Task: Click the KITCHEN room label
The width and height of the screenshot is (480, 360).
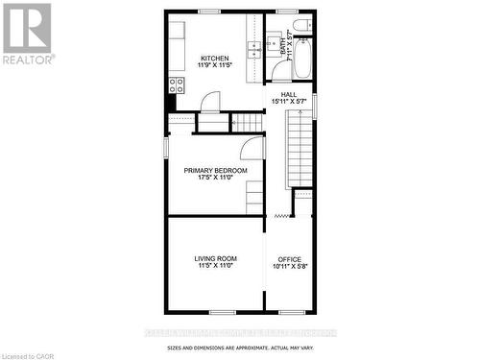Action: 214,57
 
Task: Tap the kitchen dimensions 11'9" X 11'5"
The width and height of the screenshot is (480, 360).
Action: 214,65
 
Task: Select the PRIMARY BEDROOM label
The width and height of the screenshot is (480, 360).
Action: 216,170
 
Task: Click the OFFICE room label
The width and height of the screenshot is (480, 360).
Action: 289,259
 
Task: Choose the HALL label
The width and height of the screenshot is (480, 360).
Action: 289,94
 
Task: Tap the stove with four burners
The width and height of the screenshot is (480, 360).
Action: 176,84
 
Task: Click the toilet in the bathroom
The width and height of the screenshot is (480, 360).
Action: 300,25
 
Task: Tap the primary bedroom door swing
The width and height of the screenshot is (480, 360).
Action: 252,147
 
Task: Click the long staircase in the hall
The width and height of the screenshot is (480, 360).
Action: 300,144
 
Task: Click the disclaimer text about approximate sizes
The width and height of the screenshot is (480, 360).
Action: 239,348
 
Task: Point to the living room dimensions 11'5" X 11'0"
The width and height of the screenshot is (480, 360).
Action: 216,266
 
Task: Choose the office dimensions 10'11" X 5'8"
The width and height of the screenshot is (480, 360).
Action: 289,267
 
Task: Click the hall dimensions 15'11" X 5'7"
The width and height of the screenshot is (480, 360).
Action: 289,102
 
